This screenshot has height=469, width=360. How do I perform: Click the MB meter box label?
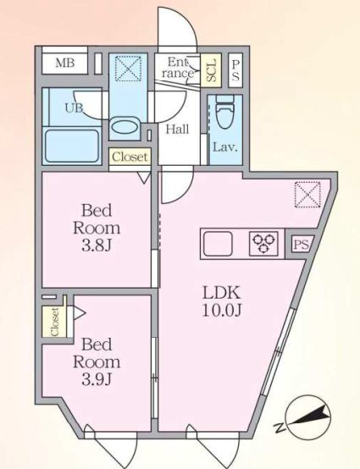65,63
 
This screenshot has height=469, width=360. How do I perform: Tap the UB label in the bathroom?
74,108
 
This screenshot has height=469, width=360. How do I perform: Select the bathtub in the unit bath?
72,146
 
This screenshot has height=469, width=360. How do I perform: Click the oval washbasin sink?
125,127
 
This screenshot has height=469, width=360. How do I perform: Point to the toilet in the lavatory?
224,112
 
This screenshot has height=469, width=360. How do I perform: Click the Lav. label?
225,146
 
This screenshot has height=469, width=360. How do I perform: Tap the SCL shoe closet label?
211,70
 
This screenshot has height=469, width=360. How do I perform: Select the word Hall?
177,130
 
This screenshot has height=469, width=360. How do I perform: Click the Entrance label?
177,68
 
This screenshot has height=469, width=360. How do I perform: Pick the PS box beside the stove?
301,245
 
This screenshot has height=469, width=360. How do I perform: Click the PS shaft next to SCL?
235,70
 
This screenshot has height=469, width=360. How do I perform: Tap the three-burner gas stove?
263,243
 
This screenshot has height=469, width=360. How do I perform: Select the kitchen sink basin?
219,243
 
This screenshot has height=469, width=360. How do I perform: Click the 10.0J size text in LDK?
222,311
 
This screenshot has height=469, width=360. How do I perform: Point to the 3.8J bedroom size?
97,246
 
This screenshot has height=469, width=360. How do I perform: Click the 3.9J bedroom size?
97,379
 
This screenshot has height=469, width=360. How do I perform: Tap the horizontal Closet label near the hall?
130,157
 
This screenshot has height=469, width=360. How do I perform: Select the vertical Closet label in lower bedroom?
54,322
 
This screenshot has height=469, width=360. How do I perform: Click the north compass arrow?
311,417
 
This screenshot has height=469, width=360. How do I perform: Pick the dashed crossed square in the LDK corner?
307,195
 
